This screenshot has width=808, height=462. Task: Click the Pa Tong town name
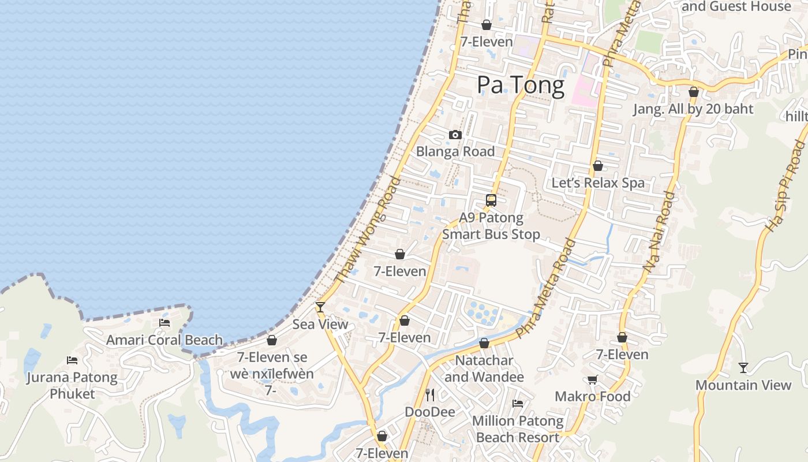520,85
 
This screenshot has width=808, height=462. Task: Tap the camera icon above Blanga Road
455,135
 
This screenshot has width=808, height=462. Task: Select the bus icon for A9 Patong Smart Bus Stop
491,200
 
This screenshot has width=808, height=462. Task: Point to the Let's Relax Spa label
598,183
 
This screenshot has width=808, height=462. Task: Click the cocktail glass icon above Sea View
320,307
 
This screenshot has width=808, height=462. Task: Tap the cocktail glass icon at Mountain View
743,367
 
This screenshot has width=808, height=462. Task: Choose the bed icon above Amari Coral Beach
164,323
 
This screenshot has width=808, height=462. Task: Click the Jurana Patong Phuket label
72,386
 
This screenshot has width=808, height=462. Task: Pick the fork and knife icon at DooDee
430,395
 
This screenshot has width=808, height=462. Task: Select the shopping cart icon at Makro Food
592,379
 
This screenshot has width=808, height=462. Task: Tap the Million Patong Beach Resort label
518,429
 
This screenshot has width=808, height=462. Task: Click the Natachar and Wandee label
484,369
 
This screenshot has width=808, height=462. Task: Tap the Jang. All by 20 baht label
693,109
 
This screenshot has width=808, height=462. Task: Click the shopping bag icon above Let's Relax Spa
598,166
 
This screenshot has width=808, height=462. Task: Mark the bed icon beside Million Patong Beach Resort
518,404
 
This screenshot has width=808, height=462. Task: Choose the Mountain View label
743,385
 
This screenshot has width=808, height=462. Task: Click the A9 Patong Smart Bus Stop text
491,226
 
